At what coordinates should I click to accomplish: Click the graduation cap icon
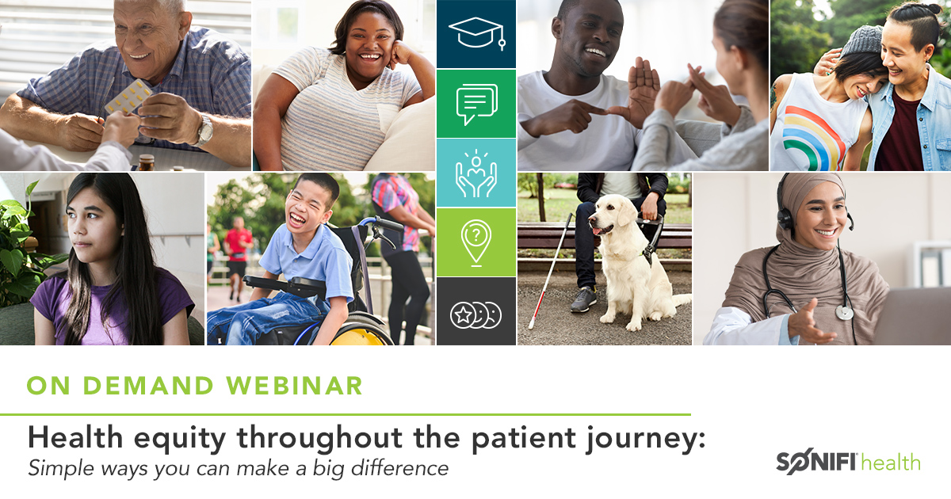point(475,33)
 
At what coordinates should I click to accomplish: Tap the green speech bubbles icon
point(475,104)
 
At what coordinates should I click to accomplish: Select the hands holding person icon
point(475,173)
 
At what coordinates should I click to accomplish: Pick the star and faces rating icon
point(475,314)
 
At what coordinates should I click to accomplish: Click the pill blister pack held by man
point(128,97)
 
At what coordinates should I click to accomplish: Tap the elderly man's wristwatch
point(204,130)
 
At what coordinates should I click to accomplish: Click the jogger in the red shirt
point(238,246)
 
